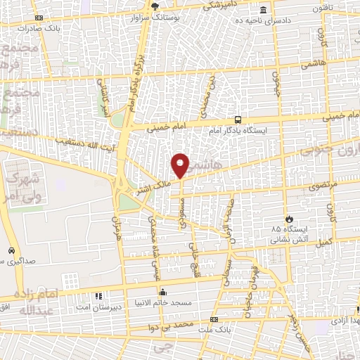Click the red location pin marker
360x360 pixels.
(x=181, y=165)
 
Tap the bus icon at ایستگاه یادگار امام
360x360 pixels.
(x=238, y=120)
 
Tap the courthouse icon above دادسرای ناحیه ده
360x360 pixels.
(x=263, y=10)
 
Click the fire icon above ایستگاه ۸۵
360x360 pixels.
(x=286, y=218)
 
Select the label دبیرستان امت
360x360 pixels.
(x=101, y=307)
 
